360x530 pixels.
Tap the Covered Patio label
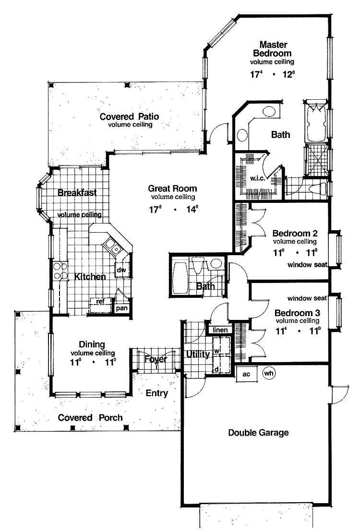click(x=130, y=117)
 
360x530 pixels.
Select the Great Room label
click(x=172, y=188)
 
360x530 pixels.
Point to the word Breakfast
click(x=77, y=193)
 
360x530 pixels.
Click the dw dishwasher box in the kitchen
click(x=121, y=270)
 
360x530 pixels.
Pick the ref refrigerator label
click(x=100, y=301)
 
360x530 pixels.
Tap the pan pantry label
click(x=121, y=308)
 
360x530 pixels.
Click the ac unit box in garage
click(x=245, y=374)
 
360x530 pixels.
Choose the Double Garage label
click(x=258, y=433)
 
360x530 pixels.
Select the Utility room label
click(x=197, y=355)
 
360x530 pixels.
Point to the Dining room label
click(x=91, y=344)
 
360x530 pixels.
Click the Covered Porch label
click(x=90, y=417)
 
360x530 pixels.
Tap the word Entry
click(x=157, y=394)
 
